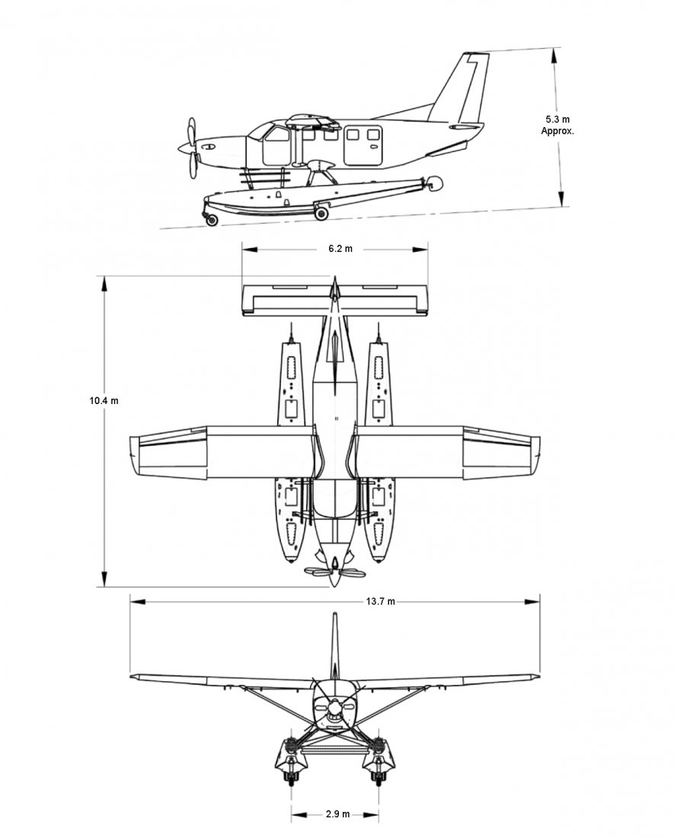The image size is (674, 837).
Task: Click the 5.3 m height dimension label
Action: pos(557,119)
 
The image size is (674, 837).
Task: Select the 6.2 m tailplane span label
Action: pos(340,249)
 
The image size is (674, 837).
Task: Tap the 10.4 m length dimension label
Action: pos(104,400)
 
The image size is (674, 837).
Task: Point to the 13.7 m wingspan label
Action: pos(380,602)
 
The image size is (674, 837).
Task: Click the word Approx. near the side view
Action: pos(557,132)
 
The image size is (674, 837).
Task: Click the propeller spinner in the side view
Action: pos(185,146)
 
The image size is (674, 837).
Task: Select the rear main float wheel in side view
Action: pos(321,214)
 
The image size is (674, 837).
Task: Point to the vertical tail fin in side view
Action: pos(462,88)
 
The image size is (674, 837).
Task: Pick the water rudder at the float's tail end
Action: pos(436,183)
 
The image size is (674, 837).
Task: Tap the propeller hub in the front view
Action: pos(334,708)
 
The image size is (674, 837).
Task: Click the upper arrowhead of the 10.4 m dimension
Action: pos(104,283)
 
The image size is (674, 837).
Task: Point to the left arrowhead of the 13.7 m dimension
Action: pos(138,602)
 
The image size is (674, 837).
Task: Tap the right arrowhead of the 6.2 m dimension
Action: pos(420,250)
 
